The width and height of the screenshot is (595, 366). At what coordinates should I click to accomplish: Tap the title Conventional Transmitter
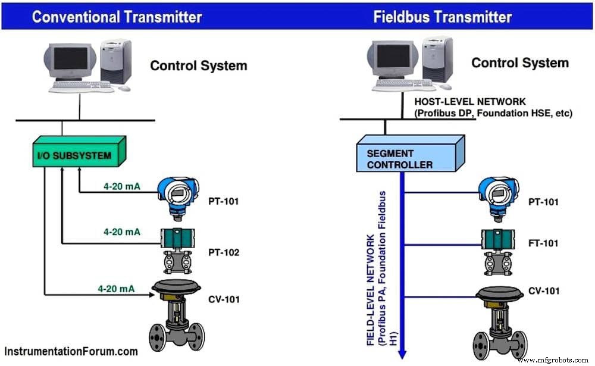pyautogui.click(x=117, y=16)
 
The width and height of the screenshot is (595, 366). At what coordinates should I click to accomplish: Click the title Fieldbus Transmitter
pyautogui.click(x=443, y=16)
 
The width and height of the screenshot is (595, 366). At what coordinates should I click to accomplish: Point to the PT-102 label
pyautogui.click(x=224, y=252)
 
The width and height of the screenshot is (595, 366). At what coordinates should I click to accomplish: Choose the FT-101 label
pyautogui.click(x=544, y=243)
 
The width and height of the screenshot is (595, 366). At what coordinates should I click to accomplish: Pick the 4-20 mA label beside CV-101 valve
pyautogui.click(x=117, y=289)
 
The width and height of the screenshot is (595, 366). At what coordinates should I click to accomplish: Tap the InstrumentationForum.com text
pyautogui.click(x=71, y=351)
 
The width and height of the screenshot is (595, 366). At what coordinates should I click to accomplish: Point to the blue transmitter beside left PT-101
pyautogui.click(x=177, y=196)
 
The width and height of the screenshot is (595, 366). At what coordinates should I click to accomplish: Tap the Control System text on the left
pyautogui.click(x=198, y=65)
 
